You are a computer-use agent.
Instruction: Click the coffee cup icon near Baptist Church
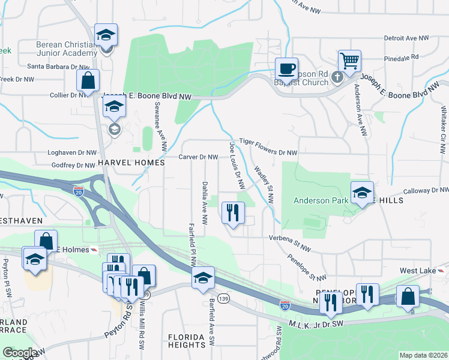[x=286, y=68]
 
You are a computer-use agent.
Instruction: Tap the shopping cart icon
[x=349, y=61]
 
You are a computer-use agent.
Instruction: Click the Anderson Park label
[x=320, y=201]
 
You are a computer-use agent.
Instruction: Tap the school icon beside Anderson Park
[x=362, y=193]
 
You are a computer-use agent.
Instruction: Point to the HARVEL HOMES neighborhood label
[x=131, y=163]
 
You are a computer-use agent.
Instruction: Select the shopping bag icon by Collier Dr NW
[x=88, y=80]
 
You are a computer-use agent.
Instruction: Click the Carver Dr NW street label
[x=198, y=157]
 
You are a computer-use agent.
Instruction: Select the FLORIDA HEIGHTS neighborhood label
[x=187, y=341]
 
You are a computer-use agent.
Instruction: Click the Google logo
[x=20, y=353]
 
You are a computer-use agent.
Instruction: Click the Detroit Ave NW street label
[x=406, y=38]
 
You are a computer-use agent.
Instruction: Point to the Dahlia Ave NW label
[x=205, y=203]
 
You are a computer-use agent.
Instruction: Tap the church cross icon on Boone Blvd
[x=337, y=76]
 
